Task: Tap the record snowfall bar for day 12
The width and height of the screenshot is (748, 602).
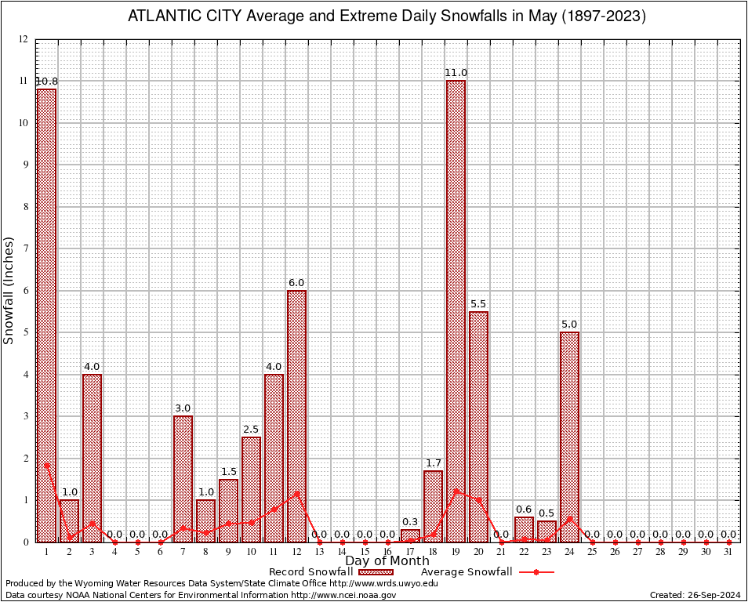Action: (296, 416)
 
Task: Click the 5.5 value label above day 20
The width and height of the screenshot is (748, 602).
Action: (478, 303)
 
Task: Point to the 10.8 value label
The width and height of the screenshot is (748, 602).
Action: (46, 82)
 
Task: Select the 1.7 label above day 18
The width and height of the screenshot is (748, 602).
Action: (433, 462)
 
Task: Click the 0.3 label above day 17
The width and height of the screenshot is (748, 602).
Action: (410, 522)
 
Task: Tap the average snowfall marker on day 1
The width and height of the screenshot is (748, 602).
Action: (46, 465)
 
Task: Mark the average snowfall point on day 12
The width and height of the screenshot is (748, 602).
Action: (296, 494)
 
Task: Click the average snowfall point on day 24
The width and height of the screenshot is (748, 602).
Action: (569, 518)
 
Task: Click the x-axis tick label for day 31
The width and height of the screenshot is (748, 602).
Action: (728, 552)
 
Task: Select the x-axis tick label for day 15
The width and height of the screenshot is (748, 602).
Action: (365, 552)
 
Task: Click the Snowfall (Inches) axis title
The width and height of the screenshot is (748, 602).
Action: (9, 290)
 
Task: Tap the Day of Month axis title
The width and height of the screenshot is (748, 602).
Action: (387, 561)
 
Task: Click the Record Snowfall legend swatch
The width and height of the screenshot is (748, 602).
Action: (376, 572)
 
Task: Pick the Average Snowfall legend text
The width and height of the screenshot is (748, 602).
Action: (466, 572)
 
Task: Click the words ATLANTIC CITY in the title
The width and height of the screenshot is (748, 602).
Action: (174, 16)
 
